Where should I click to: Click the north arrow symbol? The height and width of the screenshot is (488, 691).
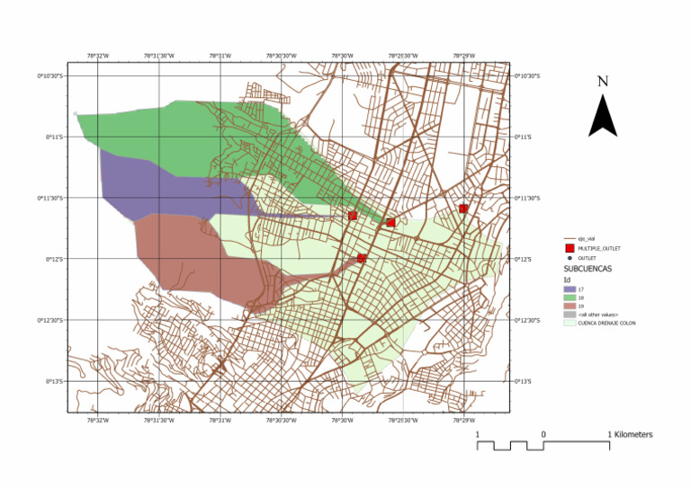pos(602,116)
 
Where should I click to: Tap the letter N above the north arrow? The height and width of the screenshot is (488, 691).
pos(603,82)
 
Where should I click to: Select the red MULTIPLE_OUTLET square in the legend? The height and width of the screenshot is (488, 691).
pos(570,248)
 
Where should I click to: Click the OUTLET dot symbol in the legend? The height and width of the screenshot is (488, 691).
pos(570,258)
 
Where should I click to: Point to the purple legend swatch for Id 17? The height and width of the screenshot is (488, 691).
pos(570,289)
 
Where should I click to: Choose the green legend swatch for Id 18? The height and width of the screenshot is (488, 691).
pos(570,297)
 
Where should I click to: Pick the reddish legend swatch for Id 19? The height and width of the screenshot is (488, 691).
pos(570,306)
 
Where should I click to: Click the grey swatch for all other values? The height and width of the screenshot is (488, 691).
pos(570,315)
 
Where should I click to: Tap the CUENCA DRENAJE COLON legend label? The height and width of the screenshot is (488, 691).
pos(606,323)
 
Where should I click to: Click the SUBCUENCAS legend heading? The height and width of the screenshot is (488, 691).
pos(588,269)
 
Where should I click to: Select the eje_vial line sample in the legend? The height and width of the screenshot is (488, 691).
pos(570,239)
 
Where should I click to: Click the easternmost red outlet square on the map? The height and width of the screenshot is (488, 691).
pos(463,209)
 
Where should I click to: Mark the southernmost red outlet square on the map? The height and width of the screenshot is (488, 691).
pos(362,259)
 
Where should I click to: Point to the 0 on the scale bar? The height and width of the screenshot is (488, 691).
pos(543,435)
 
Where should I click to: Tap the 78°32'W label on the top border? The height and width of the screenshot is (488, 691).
pos(97,56)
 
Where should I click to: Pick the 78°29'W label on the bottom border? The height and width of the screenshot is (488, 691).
pos(463,420)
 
